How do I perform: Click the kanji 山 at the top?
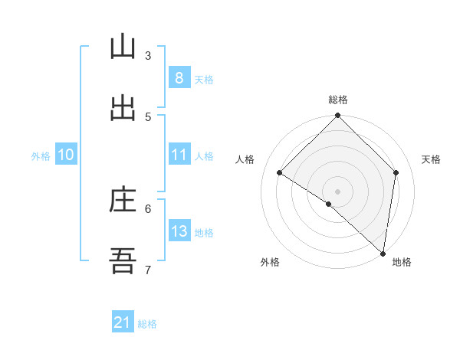pyautogui.click(x=122, y=47)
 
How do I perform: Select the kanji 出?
pyautogui.click(x=122, y=108)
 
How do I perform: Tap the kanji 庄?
pyautogui.click(x=122, y=200)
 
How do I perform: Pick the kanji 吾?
pyautogui.click(x=122, y=261)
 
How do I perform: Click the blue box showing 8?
pyautogui.click(x=179, y=77)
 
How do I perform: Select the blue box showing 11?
pyautogui.click(x=179, y=155)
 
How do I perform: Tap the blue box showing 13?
pyautogui.click(x=179, y=231)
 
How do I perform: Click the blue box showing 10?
pyautogui.click(x=65, y=155)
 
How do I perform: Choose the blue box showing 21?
pyautogui.click(x=122, y=323)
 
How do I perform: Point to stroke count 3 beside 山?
pyautogui.click(x=148, y=55)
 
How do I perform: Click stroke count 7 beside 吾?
pyautogui.click(x=148, y=270)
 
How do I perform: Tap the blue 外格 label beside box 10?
pyautogui.click(x=41, y=155)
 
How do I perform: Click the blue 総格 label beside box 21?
pyautogui.click(x=147, y=324)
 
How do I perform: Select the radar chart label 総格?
pyautogui.click(x=337, y=100)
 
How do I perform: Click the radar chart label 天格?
pyautogui.click(x=431, y=159)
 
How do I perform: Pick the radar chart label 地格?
pyautogui.click(x=402, y=262)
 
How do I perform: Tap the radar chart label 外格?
pyautogui.click(x=270, y=262)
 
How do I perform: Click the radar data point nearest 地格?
pyautogui.click(x=383, y=253)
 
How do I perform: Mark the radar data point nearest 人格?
pyautogui.click(x=279, y=172)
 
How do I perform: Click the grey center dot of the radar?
pyautogui.click(x=337, y=191)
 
